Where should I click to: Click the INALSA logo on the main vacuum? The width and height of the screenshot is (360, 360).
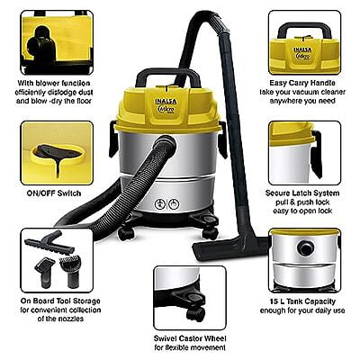click(166, 102)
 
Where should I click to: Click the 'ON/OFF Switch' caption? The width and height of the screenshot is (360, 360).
click(54, 193)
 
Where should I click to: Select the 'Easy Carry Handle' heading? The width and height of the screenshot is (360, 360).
click(302, 83)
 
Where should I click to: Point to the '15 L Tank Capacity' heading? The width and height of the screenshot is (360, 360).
click(302, 301)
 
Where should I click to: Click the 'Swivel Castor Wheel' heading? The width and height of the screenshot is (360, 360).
click(190, 338)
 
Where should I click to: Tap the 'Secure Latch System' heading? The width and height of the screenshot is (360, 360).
click(302, 193)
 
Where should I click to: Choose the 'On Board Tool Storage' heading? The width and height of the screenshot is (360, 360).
click(60, 301)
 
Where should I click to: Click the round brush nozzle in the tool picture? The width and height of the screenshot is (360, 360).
click(71, 270)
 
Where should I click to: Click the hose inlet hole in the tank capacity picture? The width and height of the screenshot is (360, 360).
click(306, 247)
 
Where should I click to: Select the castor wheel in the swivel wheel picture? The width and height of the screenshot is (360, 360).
click(195, 314)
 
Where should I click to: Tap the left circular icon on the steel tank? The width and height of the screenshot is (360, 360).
click(160, 205)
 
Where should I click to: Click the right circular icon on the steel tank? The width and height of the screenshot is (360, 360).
click(174, 204)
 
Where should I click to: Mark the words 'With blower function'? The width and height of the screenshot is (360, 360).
click(54, 83)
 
